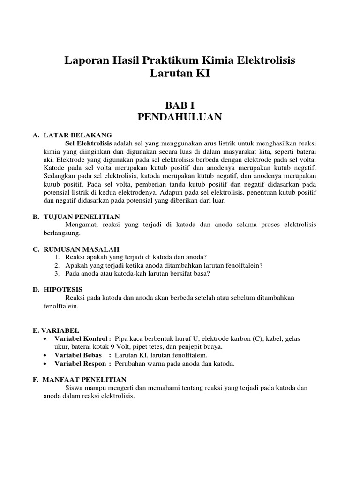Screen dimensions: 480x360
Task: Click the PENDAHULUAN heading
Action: pos(180,117)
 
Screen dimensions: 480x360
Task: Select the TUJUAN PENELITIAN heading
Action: pos(82,217)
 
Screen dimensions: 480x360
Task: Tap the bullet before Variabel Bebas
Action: pos(45,355)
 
